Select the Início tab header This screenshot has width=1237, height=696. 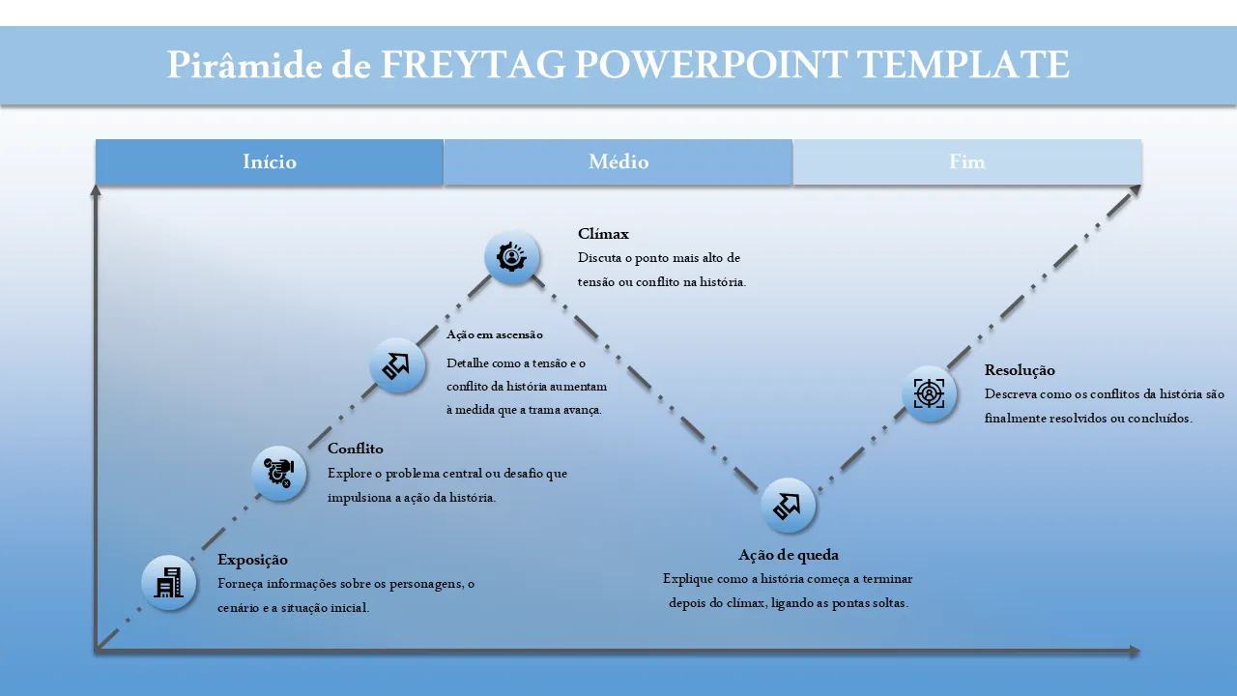coord(270,162)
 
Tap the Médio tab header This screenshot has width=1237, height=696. coord(618,162)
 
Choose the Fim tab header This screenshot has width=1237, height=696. coord(967,162)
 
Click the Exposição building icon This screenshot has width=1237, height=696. coord(169,583)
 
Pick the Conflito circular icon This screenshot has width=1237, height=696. coord(279,474)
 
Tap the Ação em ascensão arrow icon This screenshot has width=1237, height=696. coord(397,365)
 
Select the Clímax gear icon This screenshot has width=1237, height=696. coord(512,257)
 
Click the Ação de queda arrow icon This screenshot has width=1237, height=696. coord(789,506)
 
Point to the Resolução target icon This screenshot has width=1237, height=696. coord(930,393)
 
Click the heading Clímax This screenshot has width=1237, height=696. coord(603,234)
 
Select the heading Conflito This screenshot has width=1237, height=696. coord(356,449)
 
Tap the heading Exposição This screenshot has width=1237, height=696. coord(252,560)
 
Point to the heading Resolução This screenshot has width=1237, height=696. coord(1020,370)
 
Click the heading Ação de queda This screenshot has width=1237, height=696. coord(789,555)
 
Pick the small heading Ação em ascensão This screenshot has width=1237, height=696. coord(495,334)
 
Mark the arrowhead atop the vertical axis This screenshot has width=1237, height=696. coord(96,190)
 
